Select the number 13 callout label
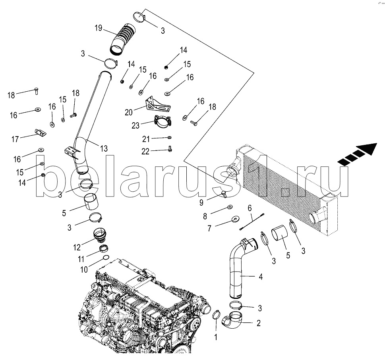point(104,148)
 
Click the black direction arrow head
point(367,149)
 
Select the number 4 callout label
point(261,277)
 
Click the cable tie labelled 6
point(252,222)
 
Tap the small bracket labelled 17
point(40,133)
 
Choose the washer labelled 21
point(169,138)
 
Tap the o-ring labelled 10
point(106,257)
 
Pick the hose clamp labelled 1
point(216,315)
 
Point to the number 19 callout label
point(99,28)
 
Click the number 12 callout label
point(77,247)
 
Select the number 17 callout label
point(15,139)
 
